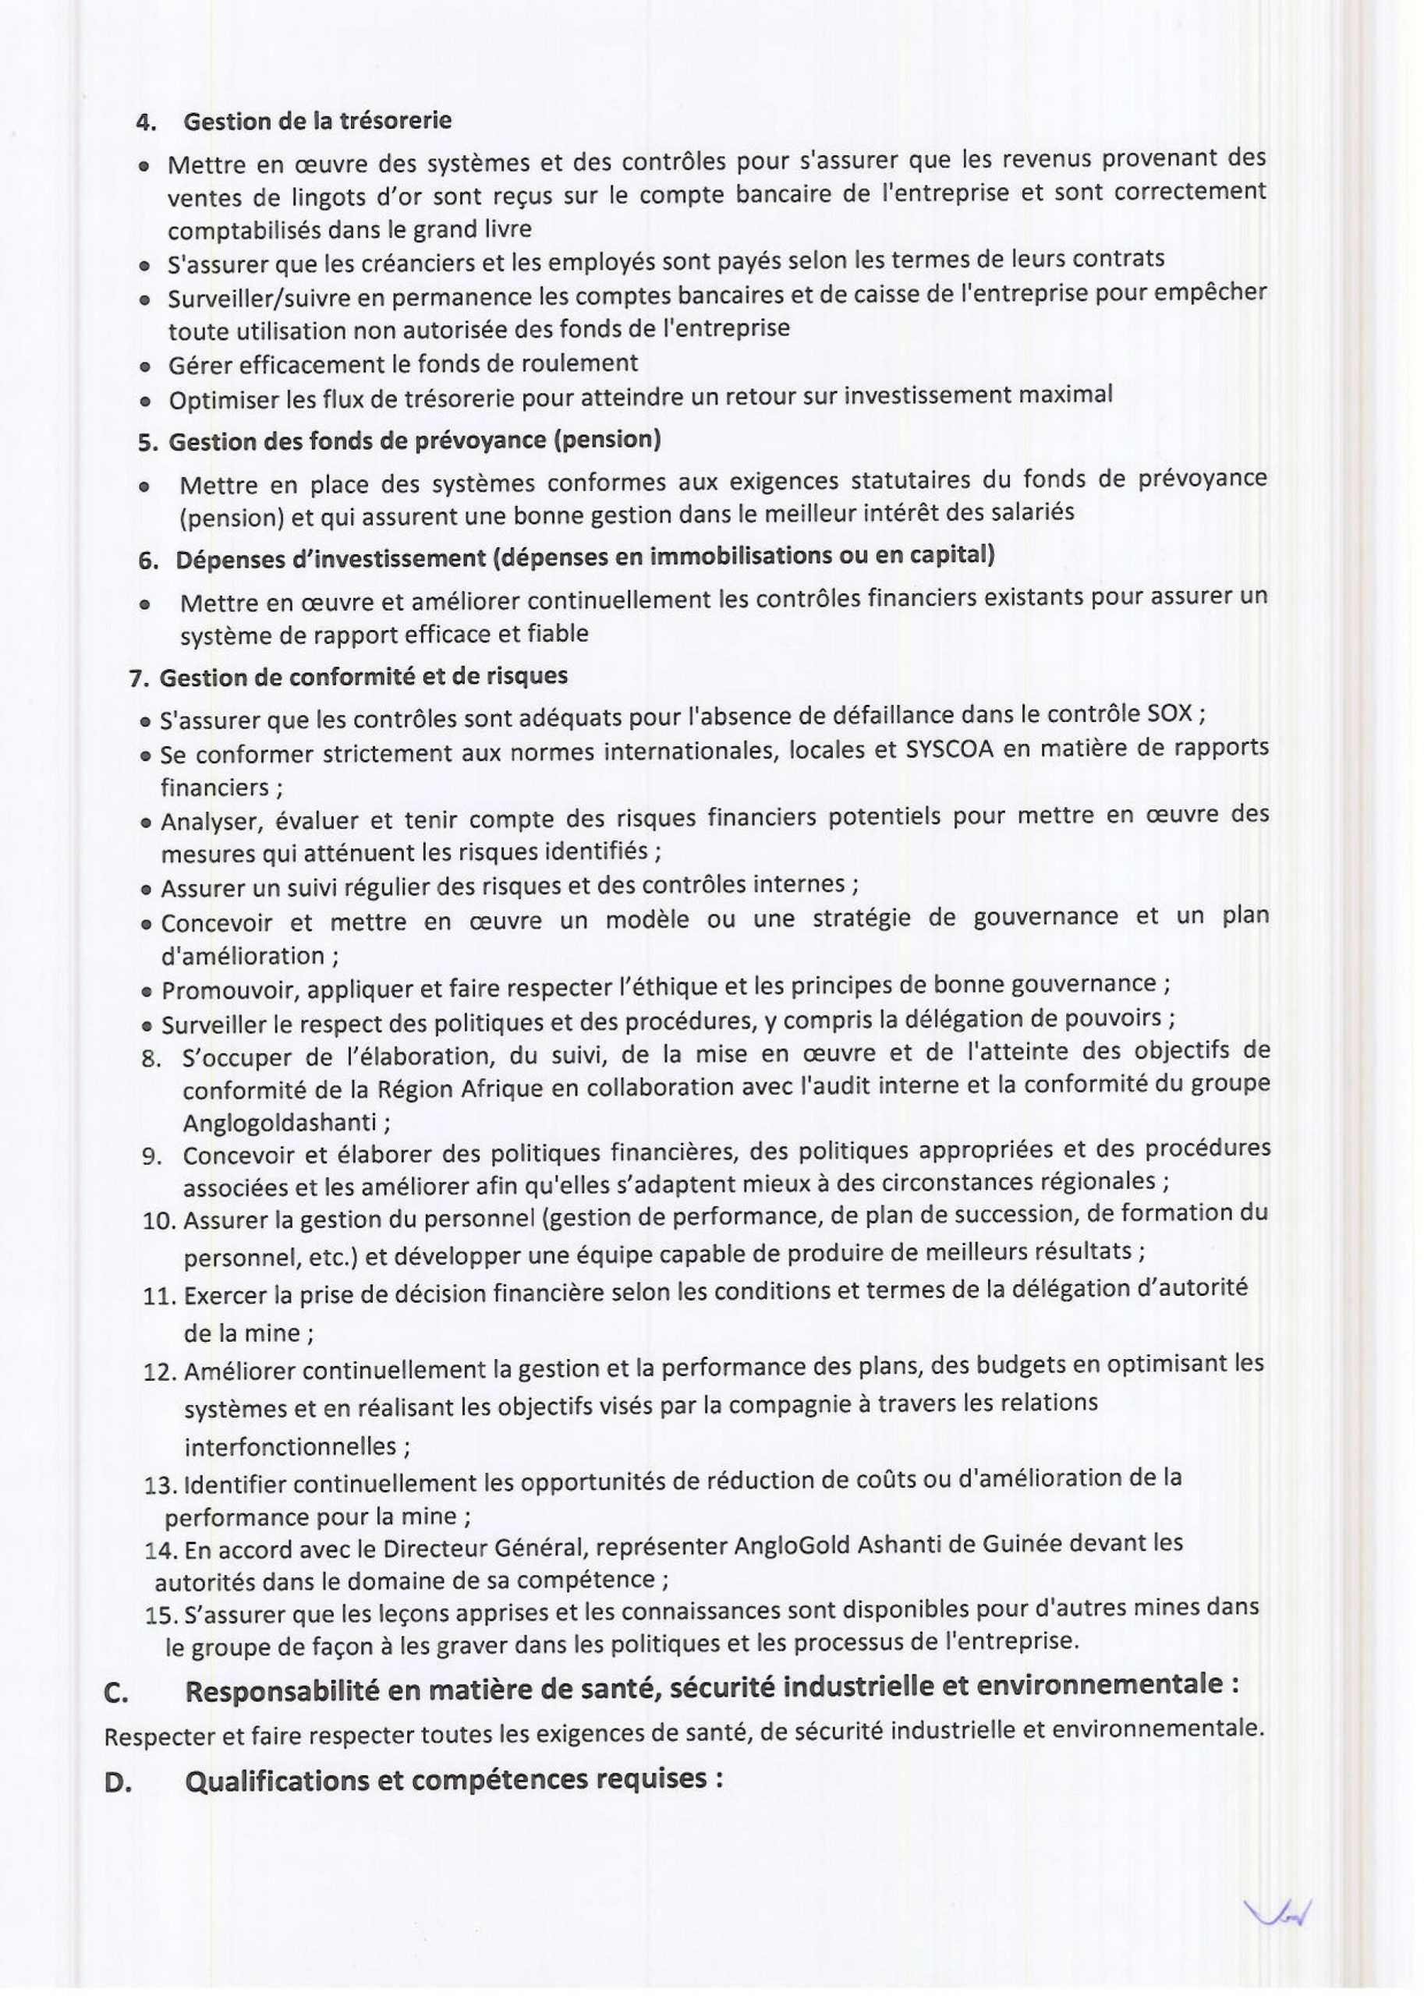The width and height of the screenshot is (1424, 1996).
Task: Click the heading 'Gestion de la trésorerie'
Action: tap(317, 120)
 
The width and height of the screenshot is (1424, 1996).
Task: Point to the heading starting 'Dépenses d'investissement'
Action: tap(585, 557)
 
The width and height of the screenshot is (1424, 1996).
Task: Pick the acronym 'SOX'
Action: tap(1170, 713)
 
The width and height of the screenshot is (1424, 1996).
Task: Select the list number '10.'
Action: tap(160, 1220)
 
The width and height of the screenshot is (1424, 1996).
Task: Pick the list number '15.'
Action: tap(161, 1614)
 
